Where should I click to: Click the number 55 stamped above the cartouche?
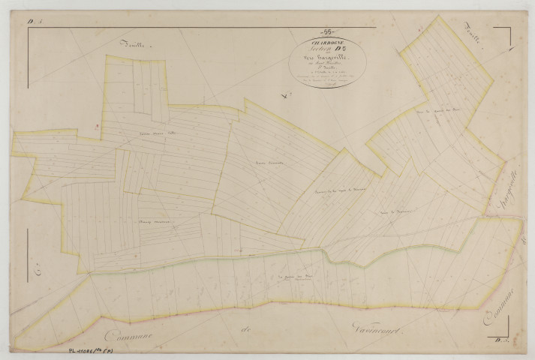[326, 31]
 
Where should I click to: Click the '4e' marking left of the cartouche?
[242, 95]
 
